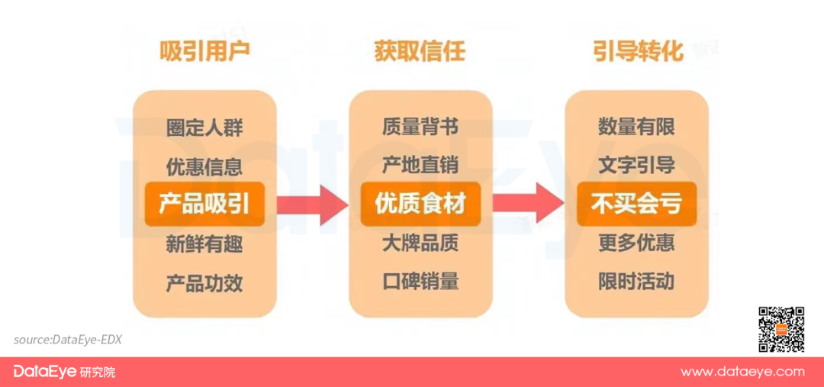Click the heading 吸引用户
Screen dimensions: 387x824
click(204, 51)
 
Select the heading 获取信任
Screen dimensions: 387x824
click(420, 51)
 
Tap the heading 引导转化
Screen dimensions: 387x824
click(637, 51)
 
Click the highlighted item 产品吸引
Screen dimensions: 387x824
click(204, 204)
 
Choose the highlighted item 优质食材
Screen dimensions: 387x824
click(420, 204)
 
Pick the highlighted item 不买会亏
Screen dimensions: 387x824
click(636, 204)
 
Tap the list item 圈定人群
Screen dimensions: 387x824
click(204, 127)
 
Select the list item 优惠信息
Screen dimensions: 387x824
click(204, 166)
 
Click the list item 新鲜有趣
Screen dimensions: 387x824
click(204, 244)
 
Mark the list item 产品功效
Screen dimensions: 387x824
click(204, 283)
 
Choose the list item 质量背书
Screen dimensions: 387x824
click(420, 126)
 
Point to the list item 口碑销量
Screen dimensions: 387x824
click(420, 281)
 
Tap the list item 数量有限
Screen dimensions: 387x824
click(636, 126)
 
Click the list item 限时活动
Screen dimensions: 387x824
click(636, 281)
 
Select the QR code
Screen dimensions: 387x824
click(781, 329)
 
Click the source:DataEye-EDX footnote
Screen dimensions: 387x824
click(67, 340)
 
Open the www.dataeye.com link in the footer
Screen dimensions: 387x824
click(742, 372)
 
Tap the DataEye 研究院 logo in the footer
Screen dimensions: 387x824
click(64, 372)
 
